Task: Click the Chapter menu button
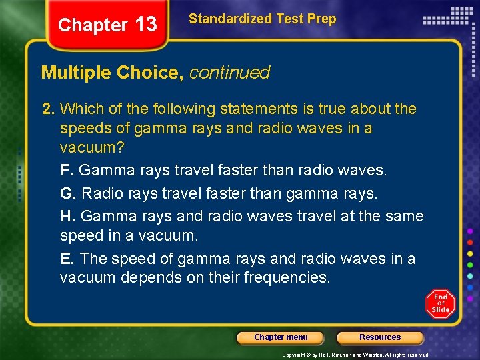(281, 337)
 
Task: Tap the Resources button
(380, 337)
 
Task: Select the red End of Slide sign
(441, 303)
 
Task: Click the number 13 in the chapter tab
(145, 25)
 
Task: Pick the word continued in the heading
(229, 73)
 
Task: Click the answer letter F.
(65, 171)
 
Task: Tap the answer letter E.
(65, 259)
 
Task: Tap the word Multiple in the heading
(75, 73)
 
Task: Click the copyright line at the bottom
(355, 355)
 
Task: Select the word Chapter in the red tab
(92, 25)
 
